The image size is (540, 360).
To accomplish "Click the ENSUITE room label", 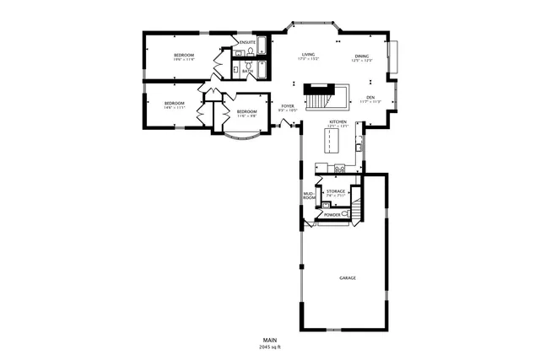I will click(x=247, y=41).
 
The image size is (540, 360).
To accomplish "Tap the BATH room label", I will click(x=246, y=72).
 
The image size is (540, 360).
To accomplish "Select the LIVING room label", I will click(x=309, y=55).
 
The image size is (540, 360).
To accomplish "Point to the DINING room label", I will click(x=361, y=56).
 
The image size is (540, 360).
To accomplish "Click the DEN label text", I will click(x=370, y=97).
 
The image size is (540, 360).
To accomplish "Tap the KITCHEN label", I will click(x=337, y=122).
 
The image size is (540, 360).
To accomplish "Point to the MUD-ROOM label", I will click(x=309, y=198).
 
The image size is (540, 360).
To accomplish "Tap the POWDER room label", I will click(x=332, y=215).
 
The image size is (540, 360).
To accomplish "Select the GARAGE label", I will click(x=347, y=277).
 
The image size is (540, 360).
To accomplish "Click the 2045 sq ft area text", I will click(x=270, y=347).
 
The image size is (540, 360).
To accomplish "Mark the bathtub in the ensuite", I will click(x=262, y=45).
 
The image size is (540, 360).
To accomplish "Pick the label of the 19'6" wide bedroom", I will click(x=184, y=56).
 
